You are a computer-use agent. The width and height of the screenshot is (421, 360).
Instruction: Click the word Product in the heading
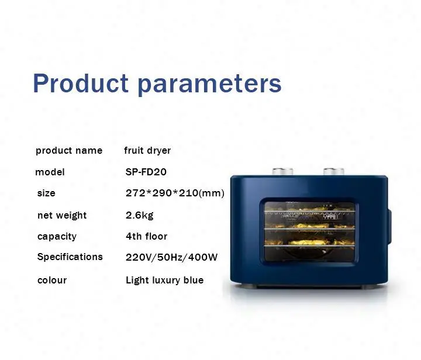tap(81, 83)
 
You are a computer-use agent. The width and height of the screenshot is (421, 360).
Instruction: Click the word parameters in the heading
tap(210, 85)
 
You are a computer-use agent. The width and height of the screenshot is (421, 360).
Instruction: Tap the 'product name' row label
tap(69, 151)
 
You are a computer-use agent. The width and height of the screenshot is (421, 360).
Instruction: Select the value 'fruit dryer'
tap(147, 151)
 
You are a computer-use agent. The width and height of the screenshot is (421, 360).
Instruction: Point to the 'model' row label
tap(50, 172)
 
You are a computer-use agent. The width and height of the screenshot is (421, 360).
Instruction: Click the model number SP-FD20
tap(146, 172)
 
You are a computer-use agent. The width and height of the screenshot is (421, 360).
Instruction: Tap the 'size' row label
tap(46, 193)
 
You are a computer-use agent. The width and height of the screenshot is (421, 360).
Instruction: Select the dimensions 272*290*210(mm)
tap(175, 193)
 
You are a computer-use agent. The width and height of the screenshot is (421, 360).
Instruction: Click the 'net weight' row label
tap(62, 215)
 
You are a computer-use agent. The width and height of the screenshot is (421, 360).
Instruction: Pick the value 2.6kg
tap(140, 215)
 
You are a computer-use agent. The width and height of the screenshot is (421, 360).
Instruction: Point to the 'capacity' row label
tap(57, 237)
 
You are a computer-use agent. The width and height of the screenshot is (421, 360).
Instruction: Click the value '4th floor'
tap(147, 236)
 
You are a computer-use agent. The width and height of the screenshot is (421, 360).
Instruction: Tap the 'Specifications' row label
tap(70, 257)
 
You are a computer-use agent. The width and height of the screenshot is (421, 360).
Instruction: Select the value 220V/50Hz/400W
tap(171, 257)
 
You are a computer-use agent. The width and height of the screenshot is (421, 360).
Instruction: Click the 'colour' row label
tap(52, 281)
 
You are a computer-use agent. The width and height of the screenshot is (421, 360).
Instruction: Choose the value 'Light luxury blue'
tap(164, 281)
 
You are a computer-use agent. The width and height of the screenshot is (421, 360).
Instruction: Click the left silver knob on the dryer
tap(282, 171)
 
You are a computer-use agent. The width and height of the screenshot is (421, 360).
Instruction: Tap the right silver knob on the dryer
tap(334, 171)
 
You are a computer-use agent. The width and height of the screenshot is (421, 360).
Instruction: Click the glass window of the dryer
tap(309, 232)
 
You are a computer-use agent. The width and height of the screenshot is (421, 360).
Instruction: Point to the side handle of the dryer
tap(389, 227)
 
